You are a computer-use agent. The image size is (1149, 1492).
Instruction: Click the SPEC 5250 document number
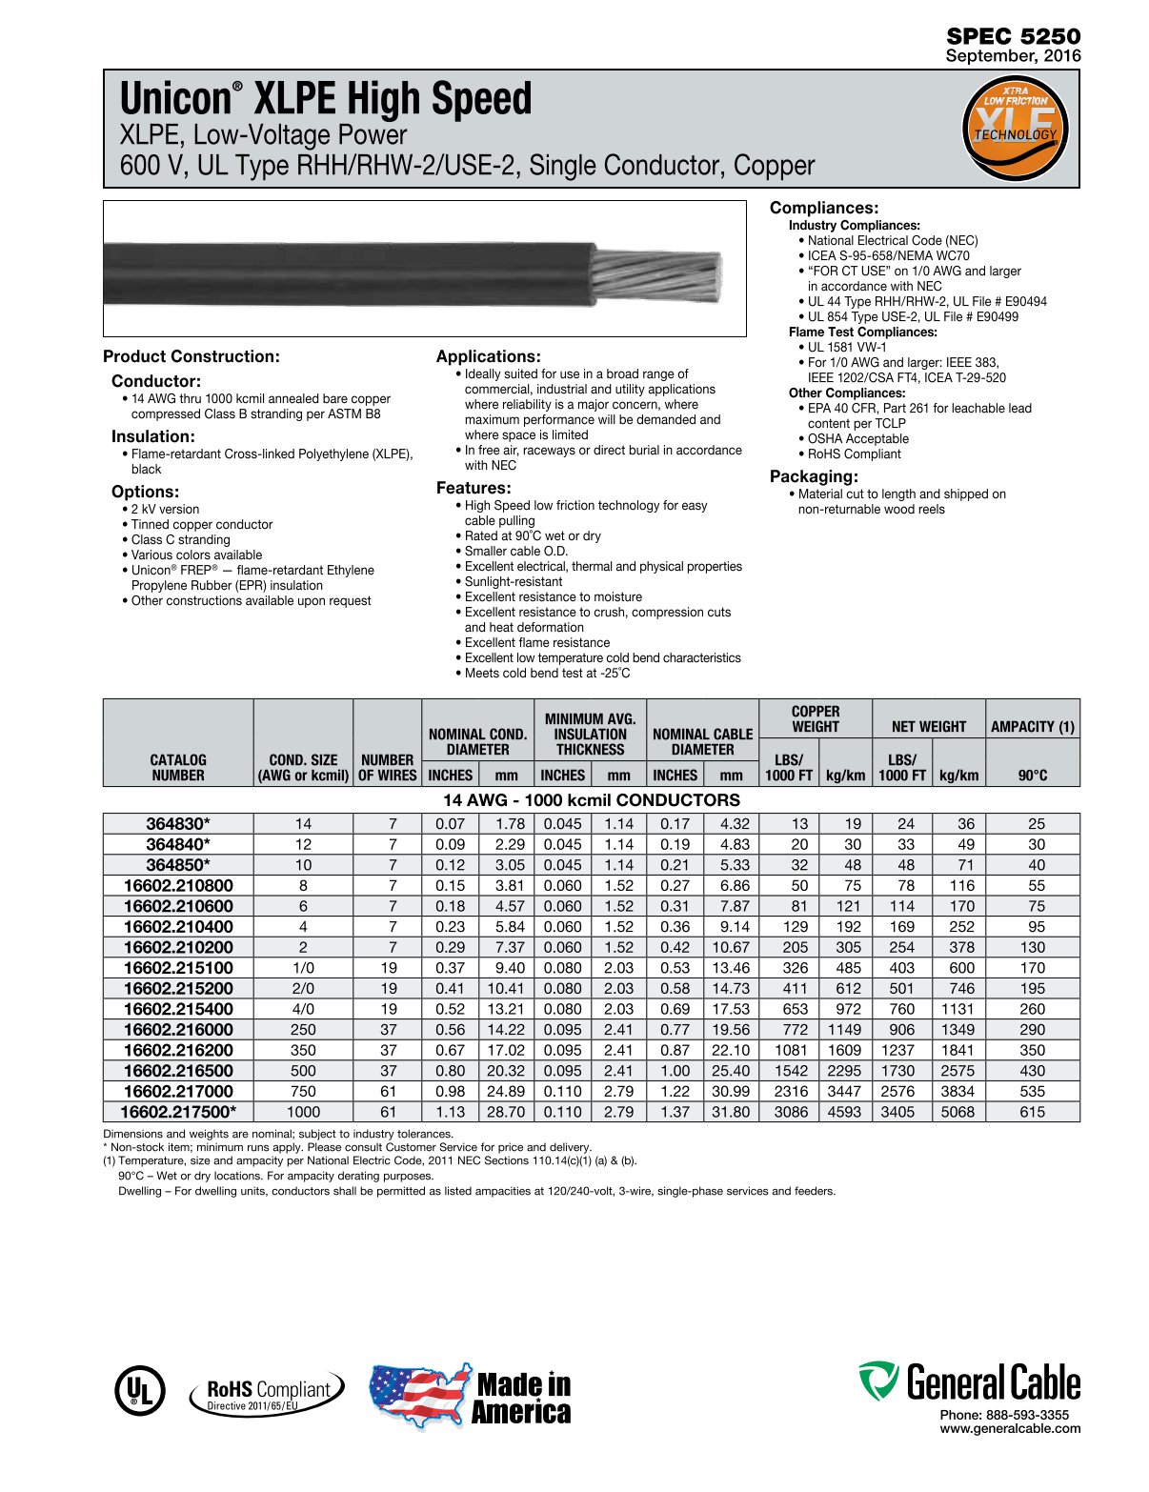click(x=1013, y=36)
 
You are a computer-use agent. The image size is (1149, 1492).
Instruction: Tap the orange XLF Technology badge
click(x=1016, y=129)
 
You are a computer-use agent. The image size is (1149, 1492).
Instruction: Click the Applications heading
click(x=488, y=356)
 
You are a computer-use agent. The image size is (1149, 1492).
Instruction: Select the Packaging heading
click(x=814, y=476)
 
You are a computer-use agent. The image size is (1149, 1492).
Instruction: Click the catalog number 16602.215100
click(x=178, y=968)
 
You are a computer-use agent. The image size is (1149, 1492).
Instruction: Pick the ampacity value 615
click(x=1032, y=1112)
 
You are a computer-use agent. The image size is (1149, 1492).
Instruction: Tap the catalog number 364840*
click(x=178, y=844)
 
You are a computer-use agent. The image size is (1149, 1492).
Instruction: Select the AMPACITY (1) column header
click(x=1032, y=727)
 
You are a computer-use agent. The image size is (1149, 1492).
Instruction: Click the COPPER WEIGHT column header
click(x=816, y=719)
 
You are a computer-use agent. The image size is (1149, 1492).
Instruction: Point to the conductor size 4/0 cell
click(x=303, y=1009)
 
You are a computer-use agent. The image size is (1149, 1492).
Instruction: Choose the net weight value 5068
click(x=957, y=1112)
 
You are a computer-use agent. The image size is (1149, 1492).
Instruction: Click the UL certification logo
click(x=139, y=1391)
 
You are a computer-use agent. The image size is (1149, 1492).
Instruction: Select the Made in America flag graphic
click(x=419, y=1396)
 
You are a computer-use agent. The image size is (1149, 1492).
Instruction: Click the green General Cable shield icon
click(x=877, y=1381)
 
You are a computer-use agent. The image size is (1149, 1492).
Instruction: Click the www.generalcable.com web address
click(x=1010, y=1428)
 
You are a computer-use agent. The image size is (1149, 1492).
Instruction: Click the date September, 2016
click(x=1013, y=56)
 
